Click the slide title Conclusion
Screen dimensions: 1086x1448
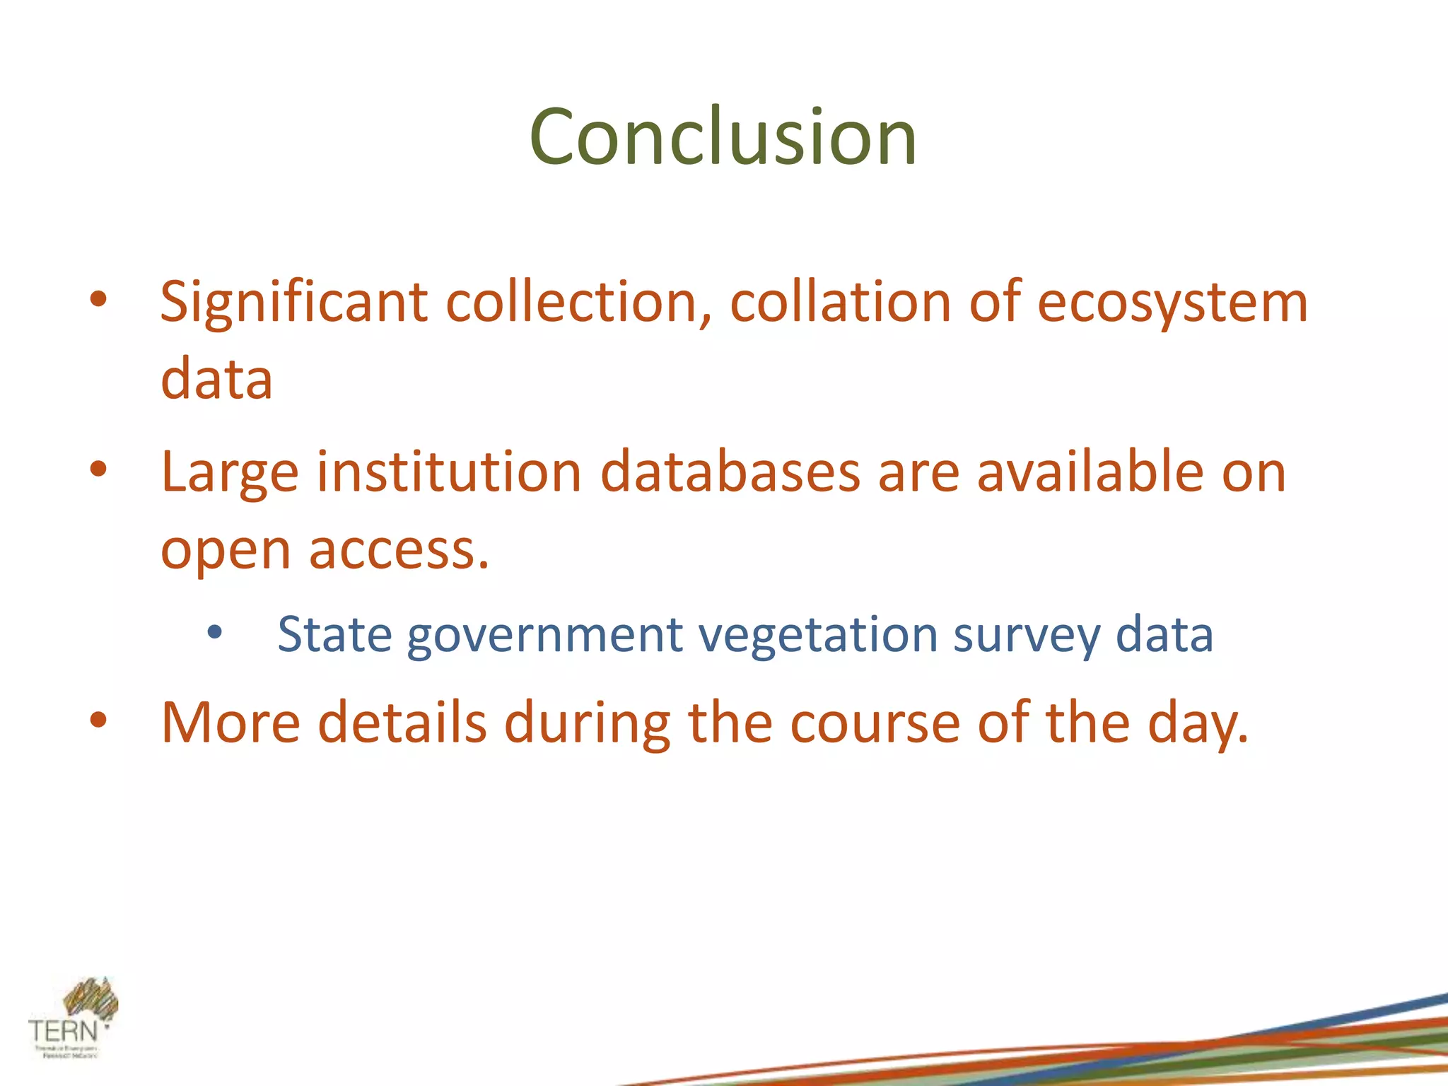[x=723, y=138]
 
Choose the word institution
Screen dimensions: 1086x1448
[x=449, y=472]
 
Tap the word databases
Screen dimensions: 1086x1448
[x=730, y=472]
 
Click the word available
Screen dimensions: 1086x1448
[x=1090, y=472]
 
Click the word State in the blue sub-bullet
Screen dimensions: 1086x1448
[x=334, y=635]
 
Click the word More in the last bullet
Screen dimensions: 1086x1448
[x=230, y=723]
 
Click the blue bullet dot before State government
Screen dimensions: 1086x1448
[x=215, y=632]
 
